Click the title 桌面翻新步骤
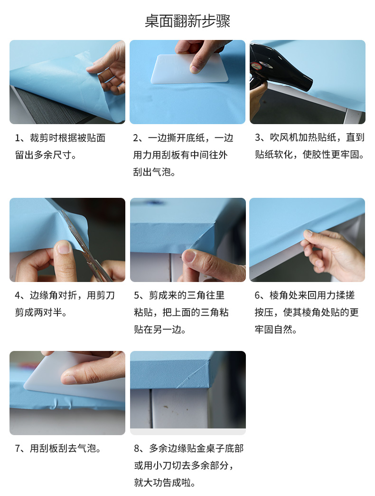187,21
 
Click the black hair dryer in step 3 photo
277,68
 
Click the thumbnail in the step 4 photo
64,248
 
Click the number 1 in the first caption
18,138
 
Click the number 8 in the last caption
137,448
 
